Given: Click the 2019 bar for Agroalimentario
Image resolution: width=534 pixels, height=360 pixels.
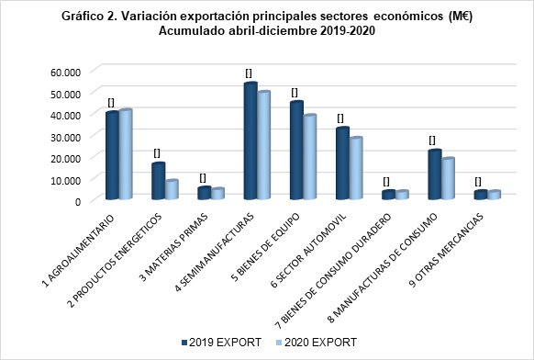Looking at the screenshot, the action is point(112,155).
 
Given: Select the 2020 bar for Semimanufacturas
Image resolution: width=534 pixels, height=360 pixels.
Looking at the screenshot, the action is point(263,145).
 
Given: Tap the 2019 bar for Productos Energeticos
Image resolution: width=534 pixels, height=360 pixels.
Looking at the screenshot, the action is point(159,181).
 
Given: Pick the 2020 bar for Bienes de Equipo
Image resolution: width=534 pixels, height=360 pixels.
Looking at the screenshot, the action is point(310,157).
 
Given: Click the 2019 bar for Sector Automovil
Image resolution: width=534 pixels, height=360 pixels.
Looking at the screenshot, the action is point(342,163).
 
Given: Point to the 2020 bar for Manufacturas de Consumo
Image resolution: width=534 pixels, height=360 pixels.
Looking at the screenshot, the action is point(448,178).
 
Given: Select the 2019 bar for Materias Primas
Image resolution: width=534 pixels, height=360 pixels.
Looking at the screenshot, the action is point(205,193).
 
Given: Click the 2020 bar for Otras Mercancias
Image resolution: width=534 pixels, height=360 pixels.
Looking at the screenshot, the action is point(495,195).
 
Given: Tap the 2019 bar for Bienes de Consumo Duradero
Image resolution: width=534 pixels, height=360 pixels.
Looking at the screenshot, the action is point(389,195).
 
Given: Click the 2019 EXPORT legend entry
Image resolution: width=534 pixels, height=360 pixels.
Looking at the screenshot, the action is point(222,342).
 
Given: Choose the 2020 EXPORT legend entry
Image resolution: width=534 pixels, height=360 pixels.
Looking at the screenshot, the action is point(317,342).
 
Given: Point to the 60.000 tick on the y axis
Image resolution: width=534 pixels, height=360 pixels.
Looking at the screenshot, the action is point(65,73).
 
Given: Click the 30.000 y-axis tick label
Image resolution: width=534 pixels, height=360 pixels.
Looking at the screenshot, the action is point(65,137).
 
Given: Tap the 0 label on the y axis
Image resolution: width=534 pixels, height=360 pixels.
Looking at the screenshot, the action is point(78,201).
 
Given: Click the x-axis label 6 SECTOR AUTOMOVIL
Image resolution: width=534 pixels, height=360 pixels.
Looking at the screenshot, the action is point(308,251).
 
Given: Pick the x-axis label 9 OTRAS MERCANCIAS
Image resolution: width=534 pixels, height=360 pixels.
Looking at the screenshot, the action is point(447,251).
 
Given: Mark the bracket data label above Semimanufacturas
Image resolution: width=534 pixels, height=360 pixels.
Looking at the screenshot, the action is point(249,73).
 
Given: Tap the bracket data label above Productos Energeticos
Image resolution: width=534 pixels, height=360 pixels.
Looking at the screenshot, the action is point(157,153).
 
